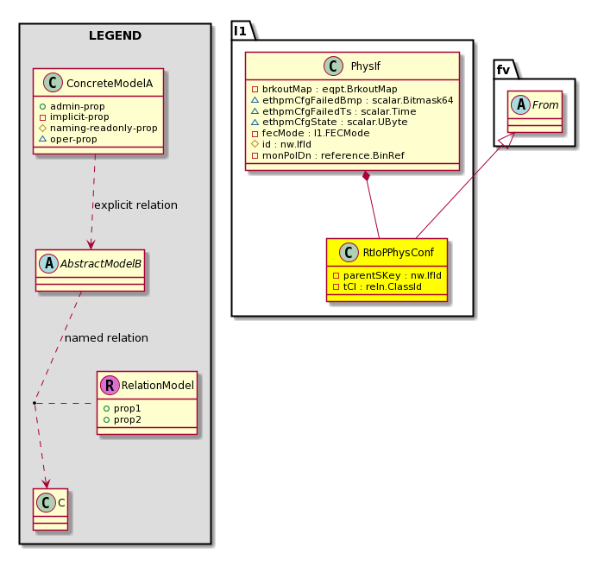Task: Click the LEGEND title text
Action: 115,35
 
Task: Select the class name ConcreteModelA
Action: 110,83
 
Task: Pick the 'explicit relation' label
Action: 136,205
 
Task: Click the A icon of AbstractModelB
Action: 49,263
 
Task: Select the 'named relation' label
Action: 106,338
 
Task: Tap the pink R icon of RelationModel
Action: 110,386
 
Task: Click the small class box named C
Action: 50,509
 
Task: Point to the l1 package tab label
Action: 240,31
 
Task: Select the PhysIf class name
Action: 366,66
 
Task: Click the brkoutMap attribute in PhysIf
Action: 324,89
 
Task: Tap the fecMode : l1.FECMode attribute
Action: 311,134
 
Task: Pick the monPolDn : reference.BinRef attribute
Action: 328,155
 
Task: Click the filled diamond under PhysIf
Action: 367,177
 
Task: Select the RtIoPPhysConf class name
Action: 399,253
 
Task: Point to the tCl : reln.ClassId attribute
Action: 377,286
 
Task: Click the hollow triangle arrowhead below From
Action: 508,141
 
